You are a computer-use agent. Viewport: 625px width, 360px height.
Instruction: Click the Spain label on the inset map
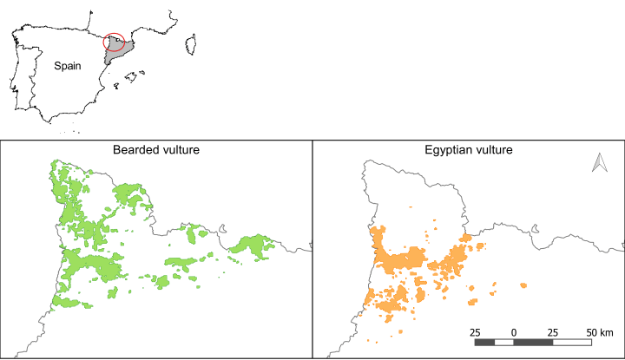coord(68,66)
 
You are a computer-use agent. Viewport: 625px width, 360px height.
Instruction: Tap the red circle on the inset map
coord(114,42)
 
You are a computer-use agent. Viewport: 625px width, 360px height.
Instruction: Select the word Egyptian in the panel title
coord(447,150)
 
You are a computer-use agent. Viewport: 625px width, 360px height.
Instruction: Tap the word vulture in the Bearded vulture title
coord(179,150)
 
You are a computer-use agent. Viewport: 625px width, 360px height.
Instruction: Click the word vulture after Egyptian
coord(493,150)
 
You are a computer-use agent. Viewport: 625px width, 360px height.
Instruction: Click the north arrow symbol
coord(597,162)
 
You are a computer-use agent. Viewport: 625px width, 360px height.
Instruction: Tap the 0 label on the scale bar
coord(514,332)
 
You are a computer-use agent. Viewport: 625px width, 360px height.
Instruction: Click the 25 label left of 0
coord(476,332)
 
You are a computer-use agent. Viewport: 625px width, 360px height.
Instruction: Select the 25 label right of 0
coord(553,332)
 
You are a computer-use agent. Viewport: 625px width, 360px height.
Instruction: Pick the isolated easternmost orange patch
coord(523,285)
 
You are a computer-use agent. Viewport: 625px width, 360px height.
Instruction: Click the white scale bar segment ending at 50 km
coord(573,343)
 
